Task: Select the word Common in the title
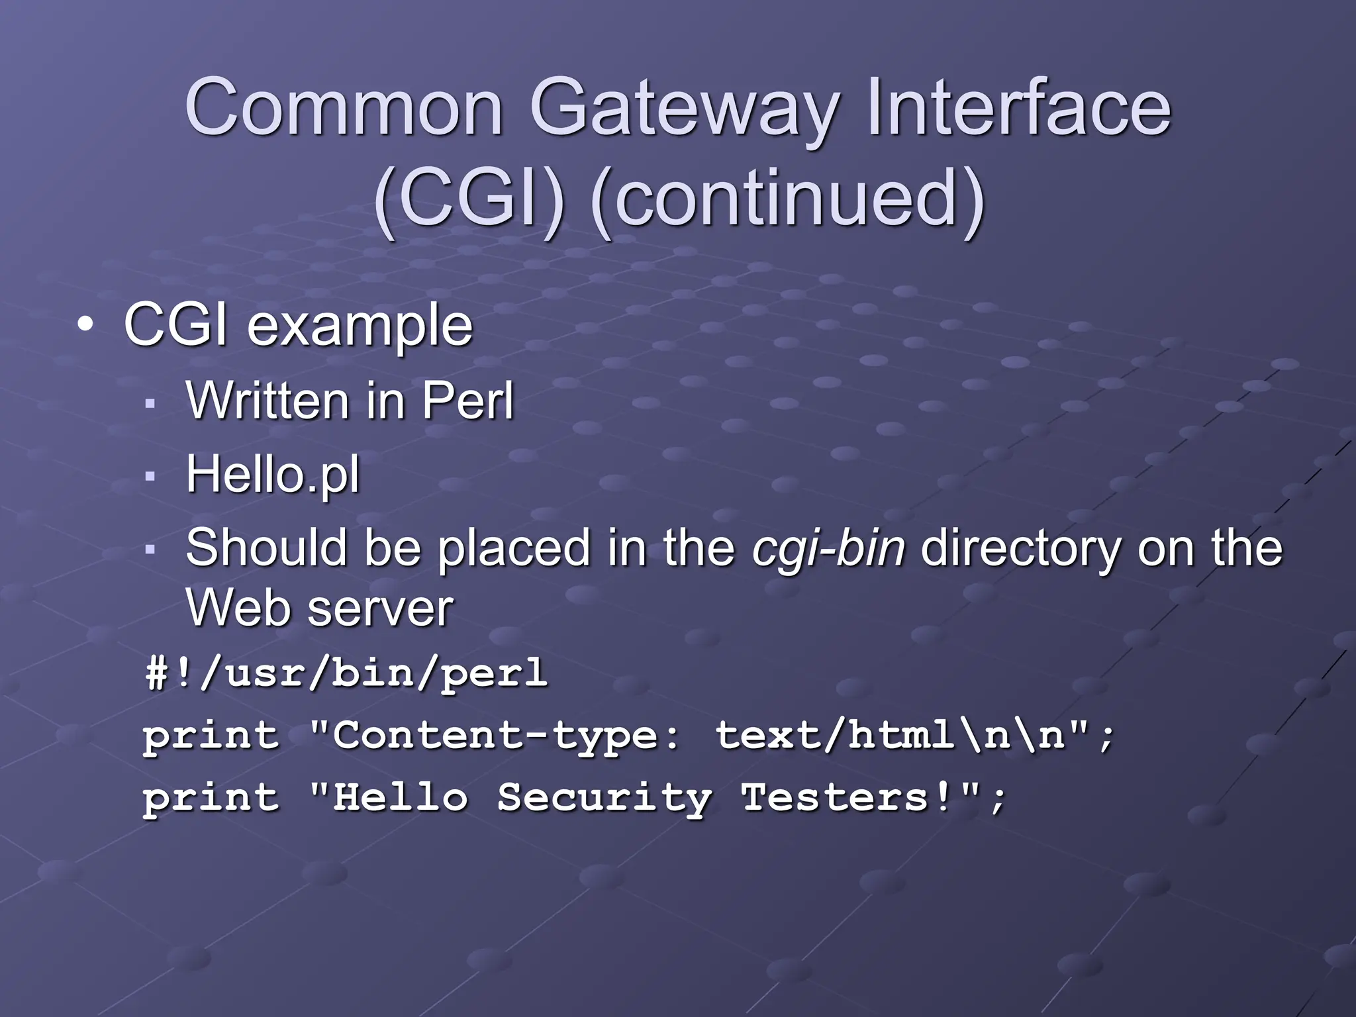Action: [344, 107]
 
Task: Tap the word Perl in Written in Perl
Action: [467, 401]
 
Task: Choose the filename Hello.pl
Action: [273, 474]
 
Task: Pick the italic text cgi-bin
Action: [828, 548]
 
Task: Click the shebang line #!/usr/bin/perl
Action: [346, 673]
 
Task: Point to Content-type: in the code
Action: [506, 736]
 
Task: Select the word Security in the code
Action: [605, 797]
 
